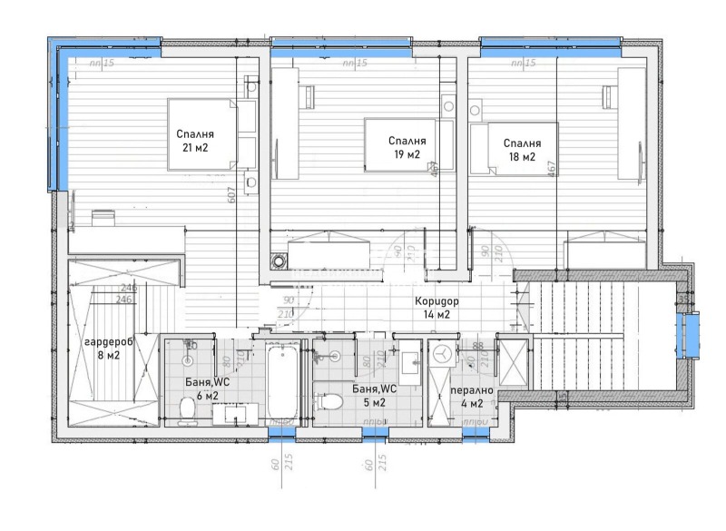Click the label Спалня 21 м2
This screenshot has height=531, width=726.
point(194,140)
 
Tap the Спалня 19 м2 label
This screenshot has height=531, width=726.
point(407,147)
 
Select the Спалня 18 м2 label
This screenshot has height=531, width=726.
point(522,150)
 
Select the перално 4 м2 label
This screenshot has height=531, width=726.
point(472,397)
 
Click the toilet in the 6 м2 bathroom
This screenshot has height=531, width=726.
point(188,410)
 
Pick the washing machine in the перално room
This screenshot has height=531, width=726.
point(443,354)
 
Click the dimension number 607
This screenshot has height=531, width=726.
point(231,194)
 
